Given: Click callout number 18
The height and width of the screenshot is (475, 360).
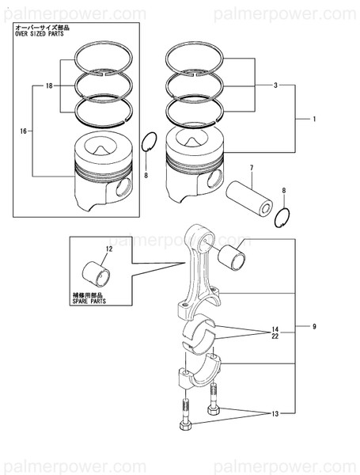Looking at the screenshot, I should [49, 85].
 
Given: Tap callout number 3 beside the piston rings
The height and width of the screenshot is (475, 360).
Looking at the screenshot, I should [275, 85].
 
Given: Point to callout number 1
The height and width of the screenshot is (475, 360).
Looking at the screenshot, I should [314, 120].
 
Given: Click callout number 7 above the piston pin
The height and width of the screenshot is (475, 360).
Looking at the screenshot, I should [251, 168].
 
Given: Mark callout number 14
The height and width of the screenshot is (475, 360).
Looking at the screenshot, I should [275, 329].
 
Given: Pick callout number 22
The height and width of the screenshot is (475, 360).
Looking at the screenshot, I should [275, 338].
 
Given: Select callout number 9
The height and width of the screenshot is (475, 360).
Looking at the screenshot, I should [314, 326].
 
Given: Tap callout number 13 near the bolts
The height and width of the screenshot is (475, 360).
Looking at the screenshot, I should [275, 414].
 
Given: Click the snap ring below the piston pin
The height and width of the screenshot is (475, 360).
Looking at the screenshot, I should [285, 217].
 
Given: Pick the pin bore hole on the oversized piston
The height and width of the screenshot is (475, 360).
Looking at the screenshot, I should [120, 188].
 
